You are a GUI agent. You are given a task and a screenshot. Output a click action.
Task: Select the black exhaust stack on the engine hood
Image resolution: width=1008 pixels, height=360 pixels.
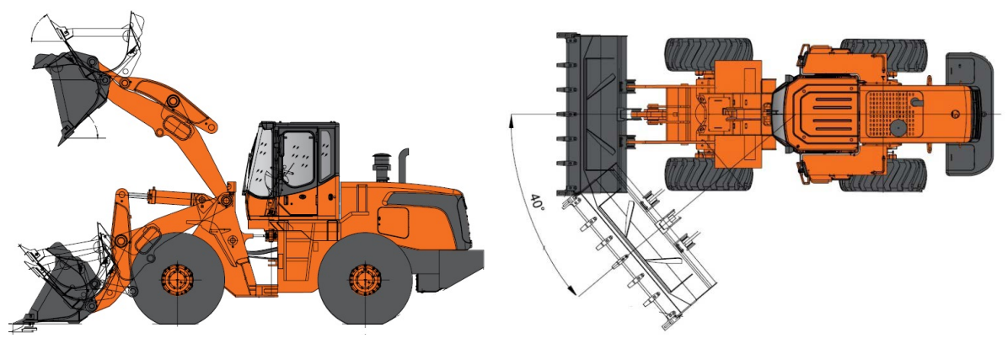coord(404,165)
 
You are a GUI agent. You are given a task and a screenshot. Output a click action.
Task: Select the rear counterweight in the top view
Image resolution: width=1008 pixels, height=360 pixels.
coord(970,114)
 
